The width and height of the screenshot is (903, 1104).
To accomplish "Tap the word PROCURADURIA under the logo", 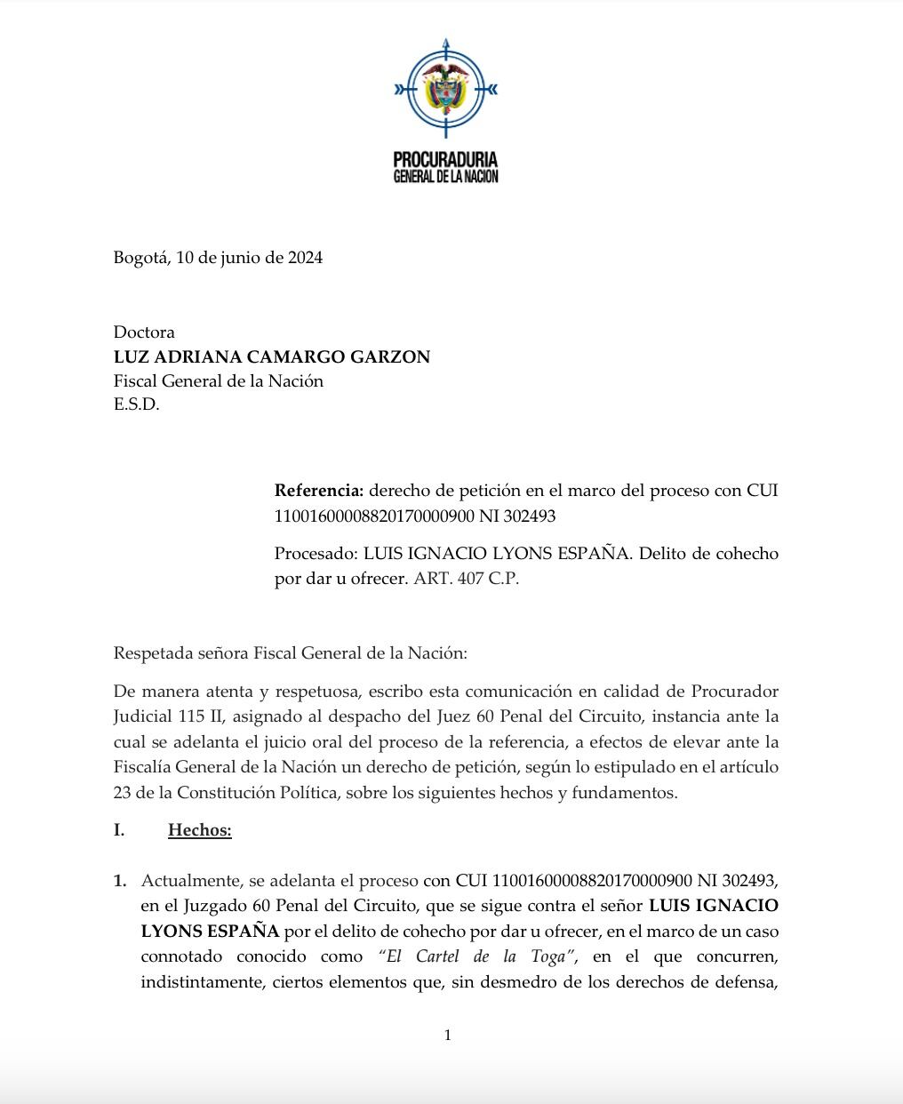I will click(445, 160).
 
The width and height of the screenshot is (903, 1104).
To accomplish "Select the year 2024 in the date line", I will click(304, 258).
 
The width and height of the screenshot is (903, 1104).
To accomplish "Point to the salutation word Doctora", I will click(144, 332).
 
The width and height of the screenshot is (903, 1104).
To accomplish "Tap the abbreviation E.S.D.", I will click(136, 406).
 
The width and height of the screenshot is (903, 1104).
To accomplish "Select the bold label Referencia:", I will click(318, 490).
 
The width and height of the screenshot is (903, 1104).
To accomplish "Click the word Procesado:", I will click(315, 554).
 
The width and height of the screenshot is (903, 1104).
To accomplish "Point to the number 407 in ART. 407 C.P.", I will click(465, 579).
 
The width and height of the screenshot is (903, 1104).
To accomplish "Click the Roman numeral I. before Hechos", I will click(119, 830).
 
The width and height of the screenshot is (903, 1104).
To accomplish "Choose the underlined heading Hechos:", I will click(199, 830).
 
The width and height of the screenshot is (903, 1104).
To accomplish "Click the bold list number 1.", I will click(120, 882).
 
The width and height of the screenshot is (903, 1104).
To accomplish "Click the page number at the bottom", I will click(448, 1035).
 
